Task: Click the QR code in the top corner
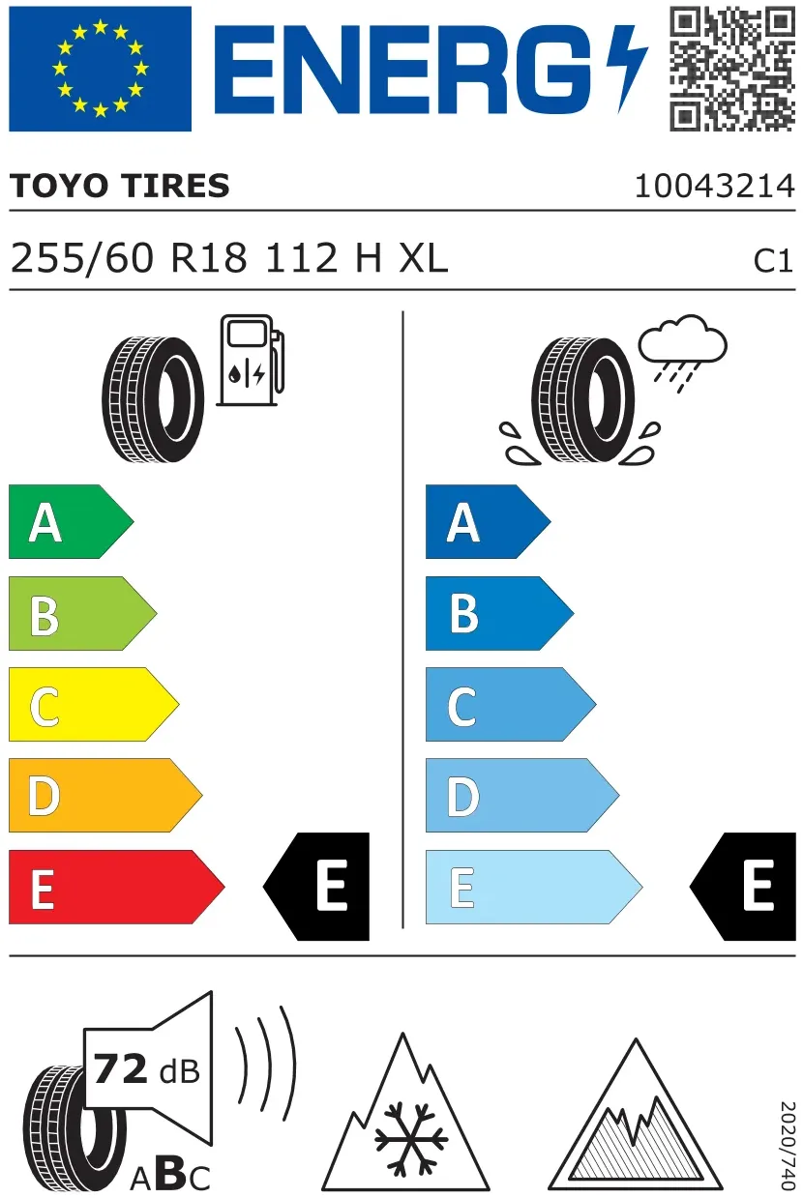731,69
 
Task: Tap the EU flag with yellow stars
100,69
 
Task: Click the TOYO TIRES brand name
120,186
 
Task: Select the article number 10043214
715,187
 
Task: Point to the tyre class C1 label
773,261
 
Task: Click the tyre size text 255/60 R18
129,258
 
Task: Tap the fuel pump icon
251,360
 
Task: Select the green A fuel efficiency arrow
72,521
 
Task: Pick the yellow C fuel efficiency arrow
94,704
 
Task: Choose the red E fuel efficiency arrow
117,887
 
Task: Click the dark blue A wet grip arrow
488,521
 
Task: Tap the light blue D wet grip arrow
522,795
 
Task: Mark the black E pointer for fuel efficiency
316,887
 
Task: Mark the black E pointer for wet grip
743,887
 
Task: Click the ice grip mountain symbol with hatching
636,1117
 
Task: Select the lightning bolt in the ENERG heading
627,69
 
